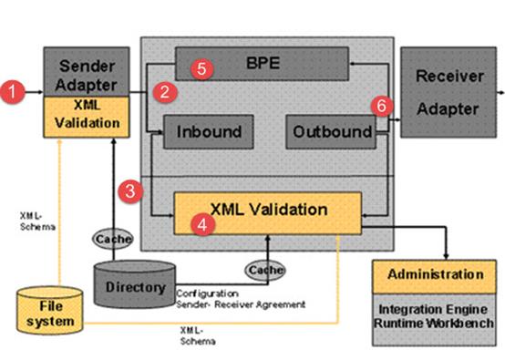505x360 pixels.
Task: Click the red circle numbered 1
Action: click(12, 92)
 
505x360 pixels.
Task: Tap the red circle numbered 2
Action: click(165, 92)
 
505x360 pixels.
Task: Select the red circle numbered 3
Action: click(130, 191)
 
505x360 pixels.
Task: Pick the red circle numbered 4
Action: click(202, 224)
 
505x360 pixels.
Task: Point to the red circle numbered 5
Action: click(202, 68)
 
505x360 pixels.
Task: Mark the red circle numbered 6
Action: click(382, 106)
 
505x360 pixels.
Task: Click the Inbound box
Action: click(209, 132)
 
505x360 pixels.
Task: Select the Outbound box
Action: click(331, 132)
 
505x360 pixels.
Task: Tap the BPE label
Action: click(263, 63)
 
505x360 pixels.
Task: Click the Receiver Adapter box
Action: click(448, 92)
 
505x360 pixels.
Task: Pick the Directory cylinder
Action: click(135, 284)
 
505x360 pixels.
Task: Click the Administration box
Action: click(434, 276)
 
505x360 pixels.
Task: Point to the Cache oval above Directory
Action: click(112, 239)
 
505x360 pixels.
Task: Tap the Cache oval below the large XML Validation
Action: click(265, 270)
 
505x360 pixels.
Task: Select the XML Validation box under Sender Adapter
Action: click(87, 117)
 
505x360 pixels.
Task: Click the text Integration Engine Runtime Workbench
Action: click(434, 316)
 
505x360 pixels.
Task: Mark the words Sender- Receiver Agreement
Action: click(241, 304)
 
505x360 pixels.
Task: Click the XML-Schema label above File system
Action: click(37, 221)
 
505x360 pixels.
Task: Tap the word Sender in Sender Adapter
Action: click(87, 66)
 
